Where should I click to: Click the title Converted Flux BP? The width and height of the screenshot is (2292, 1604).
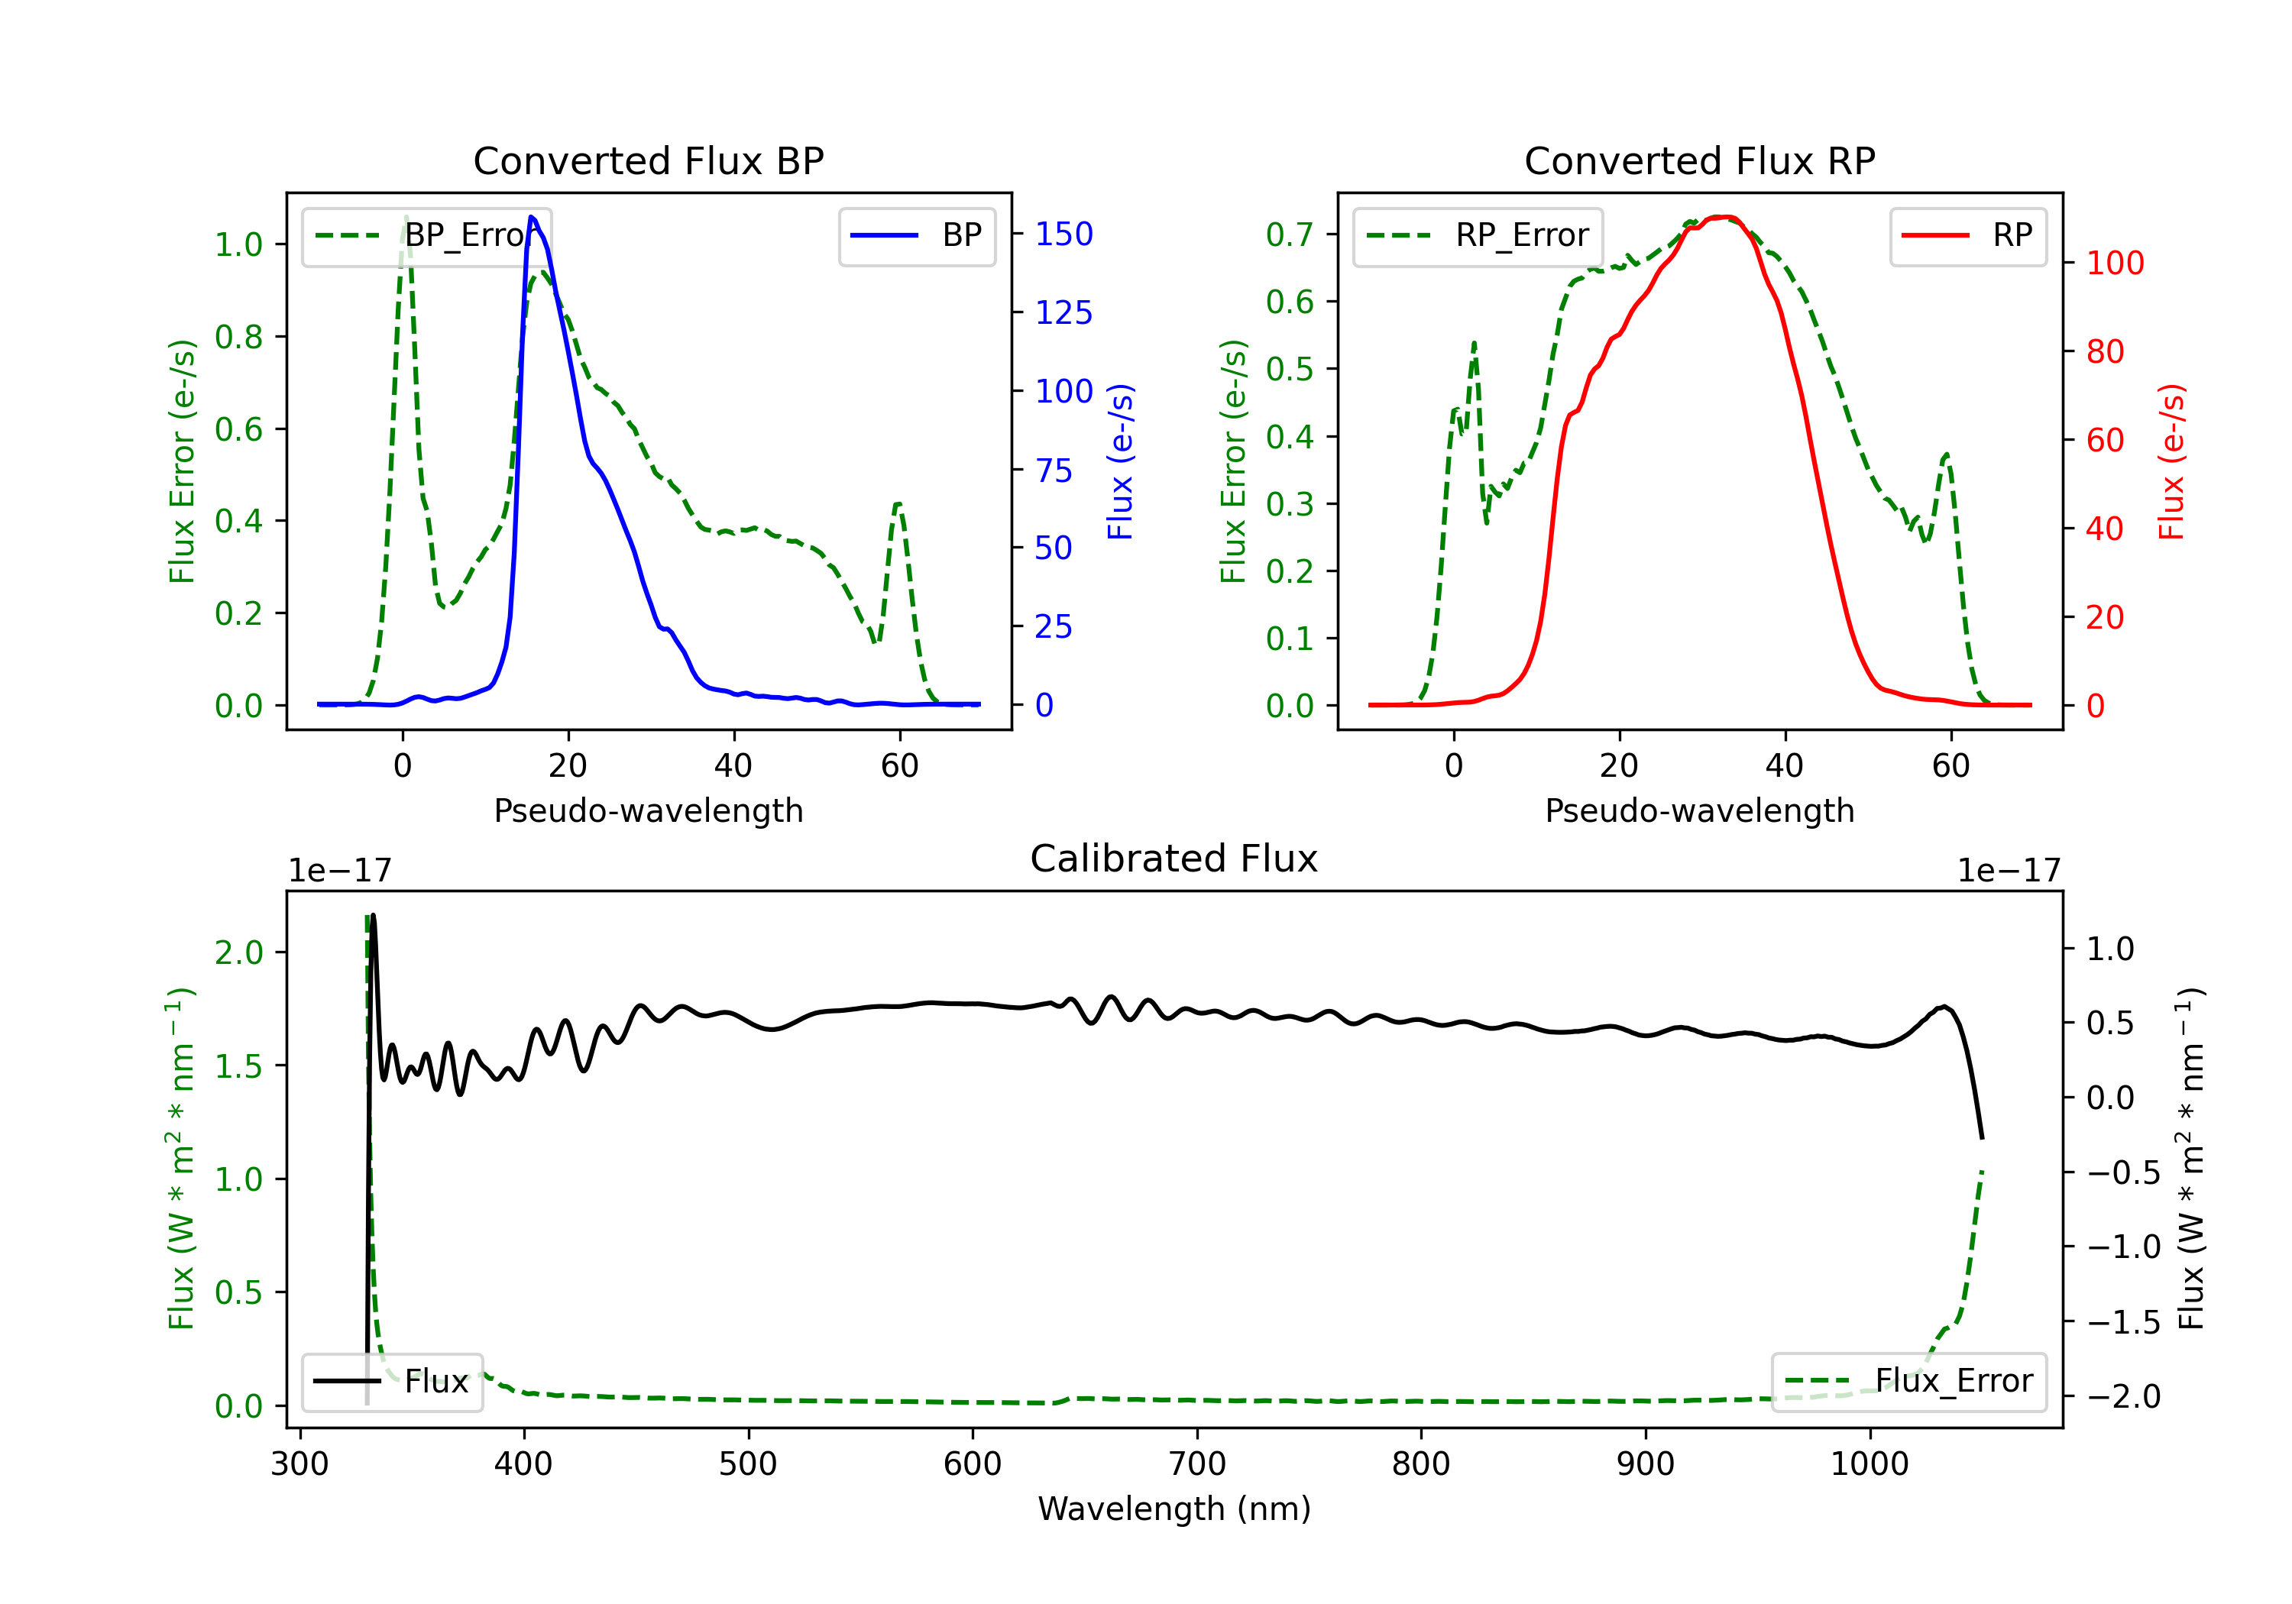(x=648, y=160)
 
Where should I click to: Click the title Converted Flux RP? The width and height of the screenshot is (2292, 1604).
(x=1699, y=160)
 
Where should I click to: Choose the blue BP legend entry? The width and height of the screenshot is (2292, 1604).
(x=916, y=235)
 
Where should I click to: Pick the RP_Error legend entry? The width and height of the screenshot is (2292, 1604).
(x=1478, y=235)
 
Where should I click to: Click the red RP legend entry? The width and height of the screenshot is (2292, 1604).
(x=1967, y=235)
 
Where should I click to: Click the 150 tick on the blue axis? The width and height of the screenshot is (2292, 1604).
(x=1063, y=234)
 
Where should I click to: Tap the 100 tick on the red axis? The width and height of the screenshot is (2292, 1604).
(x=2114, y=264)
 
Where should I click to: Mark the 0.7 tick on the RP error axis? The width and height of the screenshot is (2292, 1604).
(x=1289, y=234)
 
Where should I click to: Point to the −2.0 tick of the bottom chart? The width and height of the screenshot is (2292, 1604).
(x=2122, y=1396)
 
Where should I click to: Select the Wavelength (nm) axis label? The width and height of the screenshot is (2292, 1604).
(x=1174, y=1509)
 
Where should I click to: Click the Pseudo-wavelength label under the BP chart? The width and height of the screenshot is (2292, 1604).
(x=648, y=810)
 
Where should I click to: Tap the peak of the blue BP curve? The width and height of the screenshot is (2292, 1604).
(x=532, y=217)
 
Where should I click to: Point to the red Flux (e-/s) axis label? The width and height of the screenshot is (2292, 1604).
(x=2172, y=461)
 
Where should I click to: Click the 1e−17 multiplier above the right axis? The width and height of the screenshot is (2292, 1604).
(x=2009, y=872)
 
